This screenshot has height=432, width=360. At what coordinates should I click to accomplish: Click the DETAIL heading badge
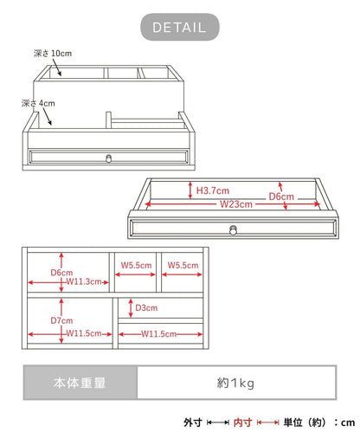tap(180, 27)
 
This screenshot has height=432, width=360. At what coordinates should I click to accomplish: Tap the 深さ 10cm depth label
tap(53, 54)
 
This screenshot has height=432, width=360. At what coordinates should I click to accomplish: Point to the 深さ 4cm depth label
tap(38, 103)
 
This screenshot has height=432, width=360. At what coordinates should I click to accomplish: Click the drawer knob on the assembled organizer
tap(108, 158)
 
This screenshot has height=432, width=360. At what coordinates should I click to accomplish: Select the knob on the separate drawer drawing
tap(233, 230)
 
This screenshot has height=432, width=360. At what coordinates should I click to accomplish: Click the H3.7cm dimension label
tap(213, 190)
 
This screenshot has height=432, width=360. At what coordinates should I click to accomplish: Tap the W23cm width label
tap(236, 204)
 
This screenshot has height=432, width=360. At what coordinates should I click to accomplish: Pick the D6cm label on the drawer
tap(281, 197)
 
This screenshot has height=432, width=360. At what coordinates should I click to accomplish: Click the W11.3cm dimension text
tap(84, 281)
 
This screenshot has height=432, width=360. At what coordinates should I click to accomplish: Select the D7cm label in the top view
tap(61, 320)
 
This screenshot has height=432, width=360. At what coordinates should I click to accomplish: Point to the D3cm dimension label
tap(146, 308)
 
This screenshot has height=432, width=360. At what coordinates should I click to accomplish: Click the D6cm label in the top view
tap(61, 273)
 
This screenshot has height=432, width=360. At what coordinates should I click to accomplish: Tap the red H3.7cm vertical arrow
tap(190, 190)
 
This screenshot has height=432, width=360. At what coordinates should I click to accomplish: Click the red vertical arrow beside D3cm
tap(131, 308)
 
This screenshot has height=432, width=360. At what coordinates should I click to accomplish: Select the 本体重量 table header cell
tap(80, 383)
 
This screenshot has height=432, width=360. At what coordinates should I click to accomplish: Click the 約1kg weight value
tap(235, 384)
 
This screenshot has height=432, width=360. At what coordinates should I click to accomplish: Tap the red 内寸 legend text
tap(242, 422)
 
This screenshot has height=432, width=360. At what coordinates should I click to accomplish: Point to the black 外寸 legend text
tap(193, 422)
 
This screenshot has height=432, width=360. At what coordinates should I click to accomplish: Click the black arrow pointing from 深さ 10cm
tap(56, 68)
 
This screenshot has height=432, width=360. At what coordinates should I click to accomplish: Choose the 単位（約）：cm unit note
tap(319, 422)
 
